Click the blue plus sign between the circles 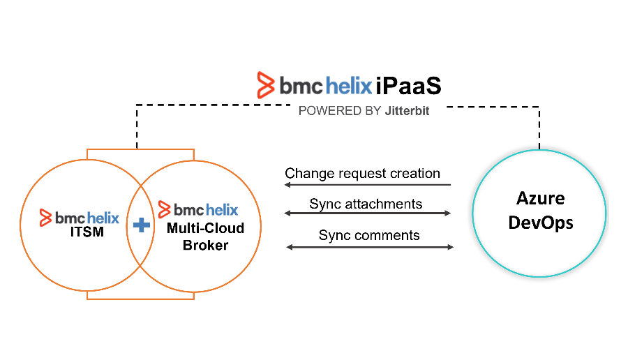click(142, 225)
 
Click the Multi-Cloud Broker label click(205, 237)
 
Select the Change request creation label click(362, 173)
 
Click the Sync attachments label click(366, 204)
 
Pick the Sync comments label click(369, 235)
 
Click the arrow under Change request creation click(367, 185)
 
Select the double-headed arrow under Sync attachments click(368, 213)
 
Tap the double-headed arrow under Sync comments click(370, 246)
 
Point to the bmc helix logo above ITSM click(80, 218)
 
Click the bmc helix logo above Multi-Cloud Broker click(199, 209)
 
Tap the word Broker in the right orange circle click(205, 245)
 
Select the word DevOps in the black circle click(541, 223)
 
